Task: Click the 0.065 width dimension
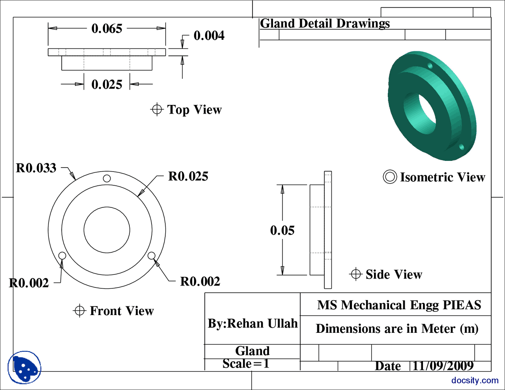(x=107, y=28)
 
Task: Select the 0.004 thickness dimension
(x=209, y=35)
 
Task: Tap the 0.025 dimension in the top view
(x=107, y=84)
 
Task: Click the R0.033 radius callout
(x=36, y=168)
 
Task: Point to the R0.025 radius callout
(x=188, y=176)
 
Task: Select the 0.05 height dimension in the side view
(x=282, y=230)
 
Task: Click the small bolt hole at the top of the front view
(x=107, y=178)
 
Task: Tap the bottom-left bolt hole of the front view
(x=62, y=256)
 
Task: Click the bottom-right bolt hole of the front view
(x=151, y=256)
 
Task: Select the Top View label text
(x=194, y=110)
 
